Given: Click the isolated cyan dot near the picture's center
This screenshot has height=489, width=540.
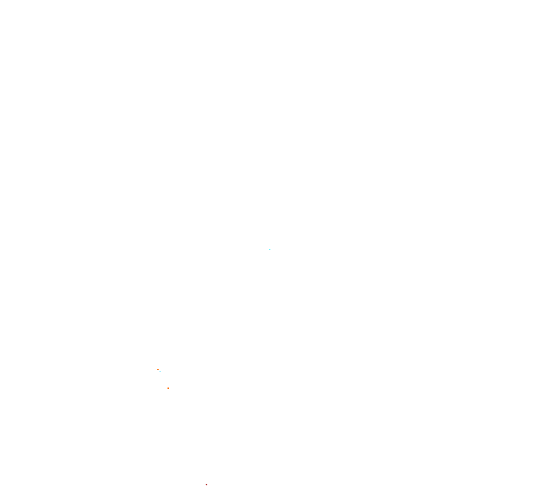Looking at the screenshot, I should coord(270,250).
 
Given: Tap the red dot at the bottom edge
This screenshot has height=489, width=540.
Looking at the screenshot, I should coord(206,485).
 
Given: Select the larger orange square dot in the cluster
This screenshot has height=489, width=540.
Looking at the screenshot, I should coord(168,388).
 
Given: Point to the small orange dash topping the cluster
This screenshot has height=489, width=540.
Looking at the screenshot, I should coord(158,370).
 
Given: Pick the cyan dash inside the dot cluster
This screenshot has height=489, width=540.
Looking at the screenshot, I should coord(160,372).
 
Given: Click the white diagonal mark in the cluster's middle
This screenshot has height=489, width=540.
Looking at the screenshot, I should coord(159,377).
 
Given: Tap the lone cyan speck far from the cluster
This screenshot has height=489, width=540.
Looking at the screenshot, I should coord(270,250).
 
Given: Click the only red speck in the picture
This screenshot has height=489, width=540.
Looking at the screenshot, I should coord(206,485).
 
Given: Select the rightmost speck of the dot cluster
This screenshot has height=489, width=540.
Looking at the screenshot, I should coord(168,388).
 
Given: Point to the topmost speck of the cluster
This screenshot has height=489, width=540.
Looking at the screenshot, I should coord(158,370).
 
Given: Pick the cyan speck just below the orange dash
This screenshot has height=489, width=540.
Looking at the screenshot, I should coord(160,372).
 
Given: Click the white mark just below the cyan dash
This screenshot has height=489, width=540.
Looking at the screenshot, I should coord(159,377).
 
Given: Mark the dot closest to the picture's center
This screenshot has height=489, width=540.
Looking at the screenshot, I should coord(270,250).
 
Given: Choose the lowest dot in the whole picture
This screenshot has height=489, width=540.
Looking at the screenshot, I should coord(206,485).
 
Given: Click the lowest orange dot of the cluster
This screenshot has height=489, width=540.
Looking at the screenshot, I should coord(168,388).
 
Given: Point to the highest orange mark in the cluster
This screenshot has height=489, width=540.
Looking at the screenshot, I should coord(158,370).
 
